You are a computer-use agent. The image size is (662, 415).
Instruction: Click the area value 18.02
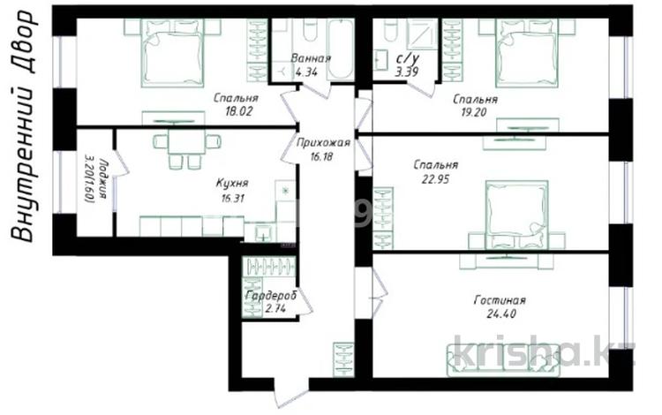point(235,112)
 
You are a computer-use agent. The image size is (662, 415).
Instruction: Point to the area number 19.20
point(474,114)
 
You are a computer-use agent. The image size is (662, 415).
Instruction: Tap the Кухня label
point(232,184)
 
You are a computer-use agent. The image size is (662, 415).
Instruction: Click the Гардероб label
point(271,295)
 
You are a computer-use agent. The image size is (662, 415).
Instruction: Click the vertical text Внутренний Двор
point(27,124)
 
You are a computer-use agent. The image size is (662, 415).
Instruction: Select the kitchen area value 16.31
point(232,199)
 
